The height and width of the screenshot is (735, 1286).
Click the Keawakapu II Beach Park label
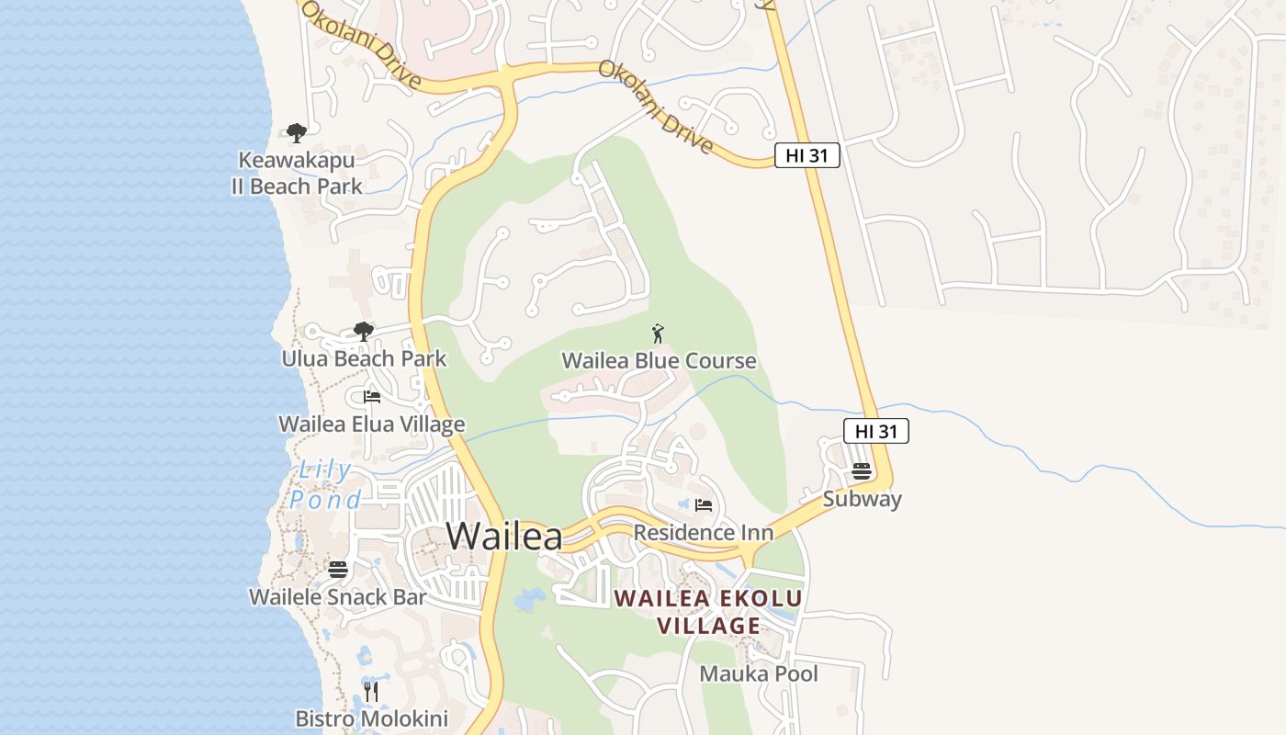pos(296,173)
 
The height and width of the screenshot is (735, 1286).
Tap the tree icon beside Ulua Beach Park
pos(364,331)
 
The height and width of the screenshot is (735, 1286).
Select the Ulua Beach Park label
pos(364,358)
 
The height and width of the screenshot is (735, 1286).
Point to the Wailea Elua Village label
pos(371,424)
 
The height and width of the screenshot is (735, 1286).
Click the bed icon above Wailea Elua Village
pos(372,397)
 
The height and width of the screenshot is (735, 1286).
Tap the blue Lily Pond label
pos(325,485)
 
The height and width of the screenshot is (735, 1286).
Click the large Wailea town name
pos(504,536)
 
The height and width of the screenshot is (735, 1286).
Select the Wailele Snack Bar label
pos(338,597)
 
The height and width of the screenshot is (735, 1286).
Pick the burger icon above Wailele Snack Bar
pos(338,570)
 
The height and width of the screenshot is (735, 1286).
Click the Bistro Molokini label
pos(371,718)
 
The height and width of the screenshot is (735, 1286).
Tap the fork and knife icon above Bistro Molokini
pos(371,691)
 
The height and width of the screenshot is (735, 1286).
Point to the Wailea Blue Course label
pos(659,360)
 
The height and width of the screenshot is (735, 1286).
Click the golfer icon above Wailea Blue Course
pos(658,333)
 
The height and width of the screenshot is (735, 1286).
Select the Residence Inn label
pos(704,533)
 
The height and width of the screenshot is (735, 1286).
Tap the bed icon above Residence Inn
pos(704,505)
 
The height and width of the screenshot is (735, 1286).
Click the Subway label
pos(862,499)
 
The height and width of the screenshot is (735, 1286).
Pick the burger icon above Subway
pos(862,471)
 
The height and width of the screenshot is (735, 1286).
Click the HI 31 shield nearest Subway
pos(876,431)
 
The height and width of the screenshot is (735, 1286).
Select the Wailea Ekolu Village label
pos(708,612)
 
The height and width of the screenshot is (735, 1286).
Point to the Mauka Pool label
pos(759,673)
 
